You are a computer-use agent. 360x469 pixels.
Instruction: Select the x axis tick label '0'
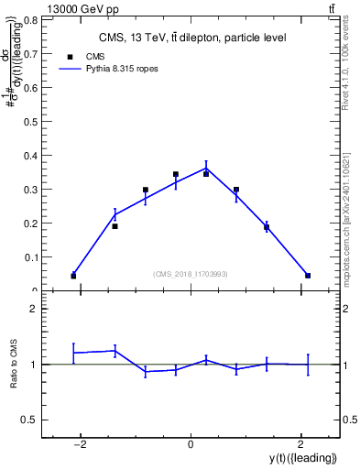click(x=191, y=445)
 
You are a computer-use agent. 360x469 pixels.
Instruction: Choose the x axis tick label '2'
click(x=300, y=445)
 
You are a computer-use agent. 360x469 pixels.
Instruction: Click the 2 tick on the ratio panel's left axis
click(x=32, y=310)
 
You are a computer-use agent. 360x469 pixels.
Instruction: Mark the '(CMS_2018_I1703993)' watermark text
click(x=190, y=274)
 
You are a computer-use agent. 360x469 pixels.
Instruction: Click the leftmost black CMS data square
click(x=73, y=276)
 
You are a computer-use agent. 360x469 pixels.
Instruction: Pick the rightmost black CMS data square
click(x=308, y=275)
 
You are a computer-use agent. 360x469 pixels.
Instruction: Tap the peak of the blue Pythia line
click(x=206, y=167)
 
